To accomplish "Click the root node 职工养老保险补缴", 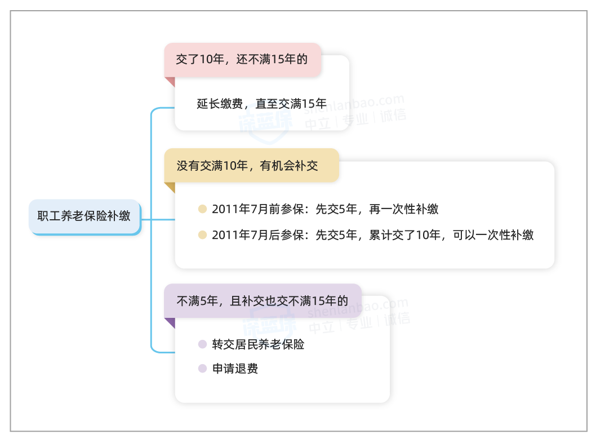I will coord(84,216).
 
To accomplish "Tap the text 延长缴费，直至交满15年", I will coord(261,104).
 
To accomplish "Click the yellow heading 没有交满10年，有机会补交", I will coord(248,166).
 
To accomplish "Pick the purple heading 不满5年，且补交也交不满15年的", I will coord(263,301).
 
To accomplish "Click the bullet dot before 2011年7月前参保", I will coord(203,209).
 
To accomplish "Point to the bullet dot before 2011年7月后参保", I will coord(203,235).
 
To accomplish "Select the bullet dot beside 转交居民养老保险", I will coord(203,344).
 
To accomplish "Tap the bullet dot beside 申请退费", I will coord(203,369).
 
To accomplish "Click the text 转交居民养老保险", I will coord(258,344).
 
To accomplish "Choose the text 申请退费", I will coord(235,369).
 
